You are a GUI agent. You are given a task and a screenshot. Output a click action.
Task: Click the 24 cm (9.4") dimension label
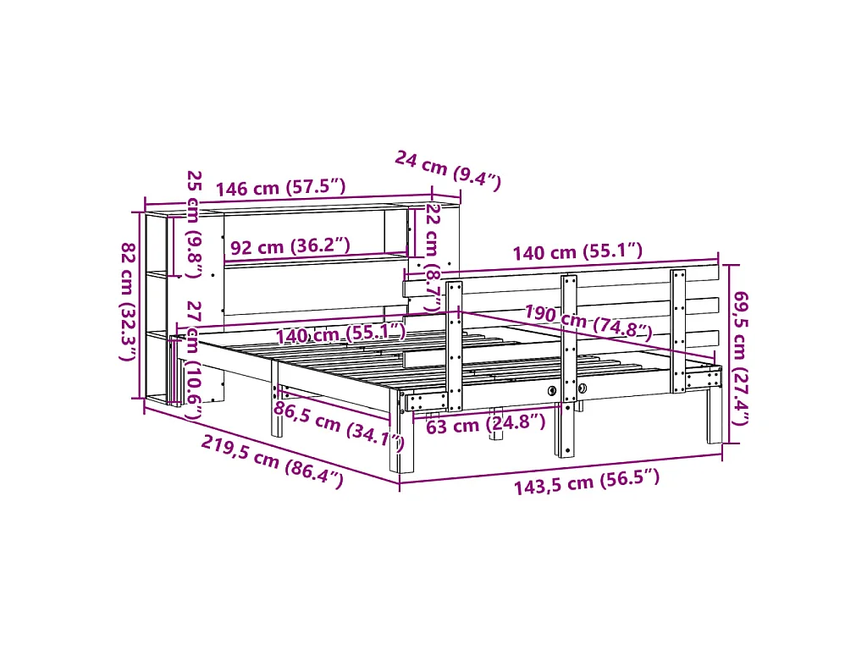tap(448, 168)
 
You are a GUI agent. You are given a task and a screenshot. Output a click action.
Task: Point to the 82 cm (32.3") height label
tap(128, 301)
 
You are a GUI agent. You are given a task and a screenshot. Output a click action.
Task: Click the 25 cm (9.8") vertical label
tap(194, 223)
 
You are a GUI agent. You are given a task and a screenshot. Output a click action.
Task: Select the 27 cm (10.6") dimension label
tap(194, 360)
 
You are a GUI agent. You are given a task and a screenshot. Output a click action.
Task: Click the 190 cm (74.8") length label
tap(588, 320)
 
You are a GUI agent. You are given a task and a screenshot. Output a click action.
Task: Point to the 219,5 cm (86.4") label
tap(272, 461)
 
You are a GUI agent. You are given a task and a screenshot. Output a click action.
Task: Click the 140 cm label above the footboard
tap(577, 251)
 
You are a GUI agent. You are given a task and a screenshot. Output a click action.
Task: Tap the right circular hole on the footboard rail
tap(582, 388)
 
